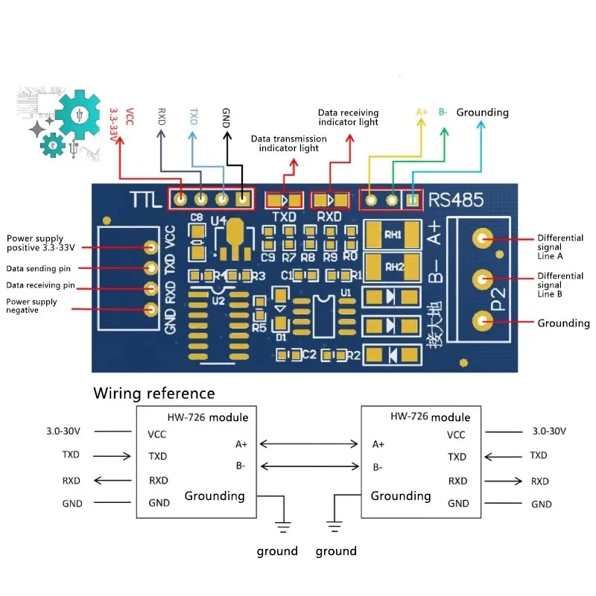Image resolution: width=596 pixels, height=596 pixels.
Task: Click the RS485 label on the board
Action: click(x=456, y=200)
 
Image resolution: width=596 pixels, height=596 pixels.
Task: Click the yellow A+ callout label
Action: click(x=422, y=112)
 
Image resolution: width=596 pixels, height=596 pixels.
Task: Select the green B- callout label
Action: click(x=443, y=112)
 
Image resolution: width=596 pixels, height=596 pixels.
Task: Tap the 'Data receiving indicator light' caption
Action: click(x=348, y=117)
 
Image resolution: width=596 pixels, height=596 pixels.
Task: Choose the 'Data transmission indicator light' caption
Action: click(x=288, y=143)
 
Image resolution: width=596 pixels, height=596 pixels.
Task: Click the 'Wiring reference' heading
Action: click(x=153, y=393)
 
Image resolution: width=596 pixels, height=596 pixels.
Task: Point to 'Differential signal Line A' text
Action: click(x=560, y=247)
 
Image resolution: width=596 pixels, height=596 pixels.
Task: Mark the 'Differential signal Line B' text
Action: click(x=560, y=285)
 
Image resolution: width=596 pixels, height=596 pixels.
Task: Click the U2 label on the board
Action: click(x=218, y=300)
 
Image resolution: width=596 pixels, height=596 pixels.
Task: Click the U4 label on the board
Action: click(x=218, y=221)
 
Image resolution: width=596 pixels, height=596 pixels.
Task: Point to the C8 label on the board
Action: click(x=197, y=218)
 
